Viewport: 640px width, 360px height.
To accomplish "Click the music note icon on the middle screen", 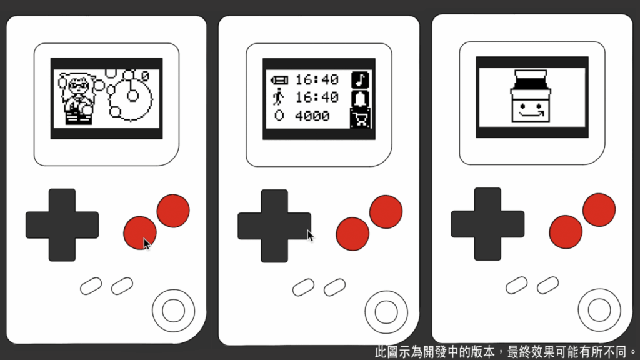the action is [360, 79].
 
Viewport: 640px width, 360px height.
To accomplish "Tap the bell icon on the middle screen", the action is [360, 99].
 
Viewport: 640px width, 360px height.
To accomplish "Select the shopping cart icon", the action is [361, 118].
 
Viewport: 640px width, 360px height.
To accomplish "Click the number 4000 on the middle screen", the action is [312, 116].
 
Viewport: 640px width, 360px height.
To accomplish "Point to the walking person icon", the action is [279, 97].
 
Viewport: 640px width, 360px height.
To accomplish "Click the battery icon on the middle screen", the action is [279, 80].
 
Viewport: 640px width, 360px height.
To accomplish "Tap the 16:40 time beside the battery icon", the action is [317, 79].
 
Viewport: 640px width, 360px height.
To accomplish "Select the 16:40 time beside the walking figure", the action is [317, 97].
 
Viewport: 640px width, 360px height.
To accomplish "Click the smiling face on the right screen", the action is [531, 109].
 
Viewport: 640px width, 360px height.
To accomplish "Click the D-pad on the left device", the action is [62, 225].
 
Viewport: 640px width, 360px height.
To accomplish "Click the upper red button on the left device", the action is [173, 211].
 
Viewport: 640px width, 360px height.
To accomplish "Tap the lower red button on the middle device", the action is [352, 234].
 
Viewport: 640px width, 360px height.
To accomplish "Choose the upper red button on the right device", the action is [599, 210].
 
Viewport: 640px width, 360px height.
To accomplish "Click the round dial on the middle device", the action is [386, 312].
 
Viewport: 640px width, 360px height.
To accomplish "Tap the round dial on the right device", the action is [599, 310].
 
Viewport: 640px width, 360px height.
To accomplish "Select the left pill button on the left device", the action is [91, 286].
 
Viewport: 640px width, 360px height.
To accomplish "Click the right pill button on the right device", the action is [547, 285].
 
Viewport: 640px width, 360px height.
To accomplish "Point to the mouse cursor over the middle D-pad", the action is [310, 236].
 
